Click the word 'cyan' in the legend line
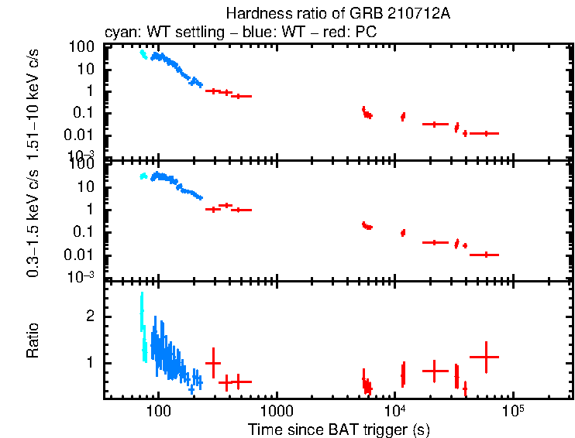click(119, 33)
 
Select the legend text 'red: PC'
click(314, 33)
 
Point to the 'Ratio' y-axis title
click(33, 340)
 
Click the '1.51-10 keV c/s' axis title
click(33, 100)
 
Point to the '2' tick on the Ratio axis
click(90, 317)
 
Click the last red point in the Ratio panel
click(485, 357)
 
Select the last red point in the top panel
click(485, 133)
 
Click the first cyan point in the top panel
click(141, 53)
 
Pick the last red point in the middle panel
click(485, 255)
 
